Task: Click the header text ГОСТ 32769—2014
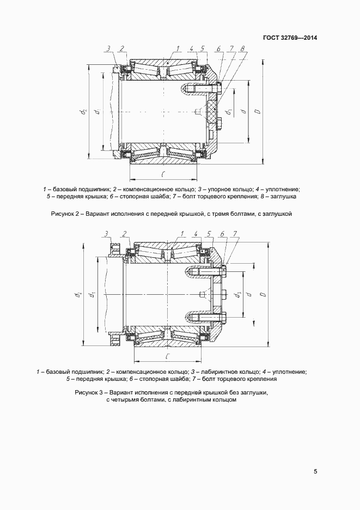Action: point(290,38)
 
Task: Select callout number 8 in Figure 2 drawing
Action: point(241,49)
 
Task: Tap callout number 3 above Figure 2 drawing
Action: point(108,49)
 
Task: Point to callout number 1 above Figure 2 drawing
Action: point(177,49)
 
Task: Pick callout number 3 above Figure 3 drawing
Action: point(106,234)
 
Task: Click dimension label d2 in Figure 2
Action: point(83,112)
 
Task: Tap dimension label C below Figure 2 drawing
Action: point(163,174)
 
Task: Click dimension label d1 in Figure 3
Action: point(94,295)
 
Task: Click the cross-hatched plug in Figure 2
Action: point(212,112)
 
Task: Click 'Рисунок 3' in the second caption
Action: point(88,392)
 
